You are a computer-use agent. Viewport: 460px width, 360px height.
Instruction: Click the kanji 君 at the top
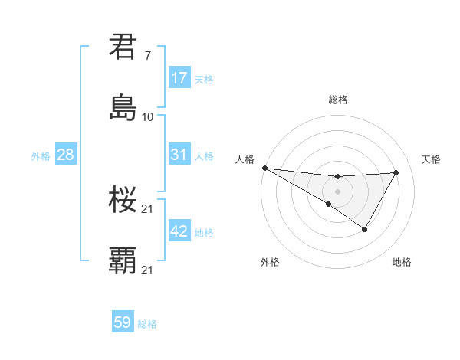coord(123,47)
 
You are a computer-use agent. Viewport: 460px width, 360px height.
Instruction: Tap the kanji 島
coord(123,108)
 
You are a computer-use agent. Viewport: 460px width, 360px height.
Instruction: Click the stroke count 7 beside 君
coord(148,55)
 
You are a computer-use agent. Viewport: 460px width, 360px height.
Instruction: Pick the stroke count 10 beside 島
coord(148,116)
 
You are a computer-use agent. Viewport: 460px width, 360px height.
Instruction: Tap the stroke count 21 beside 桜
coord(148,208)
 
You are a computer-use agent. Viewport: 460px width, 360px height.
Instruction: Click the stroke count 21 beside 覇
coord(148,270)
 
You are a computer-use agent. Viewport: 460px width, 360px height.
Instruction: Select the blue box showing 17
coord(179,78)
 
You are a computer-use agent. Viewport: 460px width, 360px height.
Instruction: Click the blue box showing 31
coord(179,155)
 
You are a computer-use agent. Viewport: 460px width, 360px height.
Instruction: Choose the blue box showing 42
coord(179,231)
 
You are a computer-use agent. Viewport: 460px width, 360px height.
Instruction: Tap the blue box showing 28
coord(65,155)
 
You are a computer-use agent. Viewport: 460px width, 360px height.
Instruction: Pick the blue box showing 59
coord(123,322)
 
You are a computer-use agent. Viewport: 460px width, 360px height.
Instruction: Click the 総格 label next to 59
coord(147,324)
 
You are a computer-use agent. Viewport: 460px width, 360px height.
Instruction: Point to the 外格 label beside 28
coord(41,155)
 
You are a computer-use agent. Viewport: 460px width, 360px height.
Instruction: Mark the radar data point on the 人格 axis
coord(264,167)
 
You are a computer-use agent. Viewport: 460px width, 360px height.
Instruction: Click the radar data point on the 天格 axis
coord(396,172)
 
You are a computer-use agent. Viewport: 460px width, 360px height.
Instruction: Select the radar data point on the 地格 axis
coord(365,229)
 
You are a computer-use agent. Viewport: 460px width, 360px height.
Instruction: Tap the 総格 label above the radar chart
coord(338,100)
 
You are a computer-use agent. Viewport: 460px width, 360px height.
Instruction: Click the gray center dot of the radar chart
coord(337,191)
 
